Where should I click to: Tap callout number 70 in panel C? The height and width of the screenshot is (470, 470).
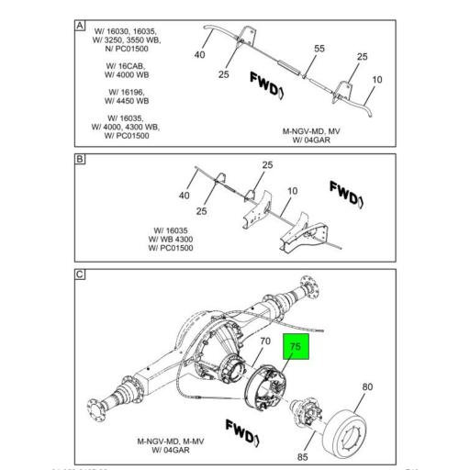coord(264,342)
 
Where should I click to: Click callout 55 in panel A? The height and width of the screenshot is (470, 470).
coord(319,48)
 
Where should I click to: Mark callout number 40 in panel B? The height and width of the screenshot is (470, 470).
coord(184,196)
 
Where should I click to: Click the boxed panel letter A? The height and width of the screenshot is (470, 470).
coord(80,27)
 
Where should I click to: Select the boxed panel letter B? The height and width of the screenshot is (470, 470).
coord(80,159)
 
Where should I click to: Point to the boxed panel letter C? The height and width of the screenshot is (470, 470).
coord(80,274)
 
